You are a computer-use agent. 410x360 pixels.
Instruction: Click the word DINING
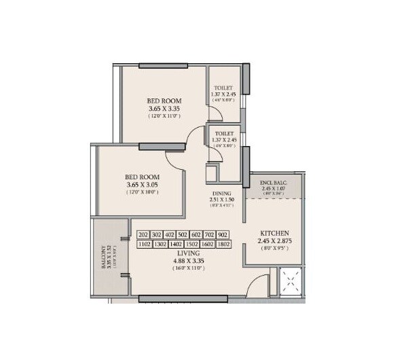coord(221,194)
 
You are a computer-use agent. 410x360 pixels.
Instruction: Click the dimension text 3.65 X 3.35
coord(164,109)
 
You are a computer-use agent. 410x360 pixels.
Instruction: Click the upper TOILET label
coord(223,88)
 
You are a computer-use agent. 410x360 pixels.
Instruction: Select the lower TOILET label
coord(223,134)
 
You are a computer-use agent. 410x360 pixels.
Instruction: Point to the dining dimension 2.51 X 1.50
coord(221,200)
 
